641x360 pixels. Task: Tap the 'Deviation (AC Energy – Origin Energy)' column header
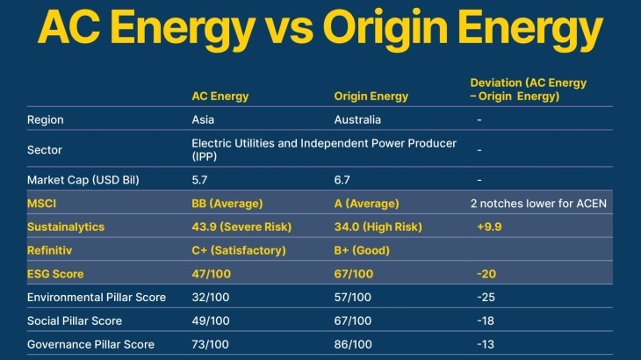click(x=528, y=90)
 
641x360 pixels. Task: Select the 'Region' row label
click(x=46, y=119)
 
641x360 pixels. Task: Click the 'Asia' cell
click(x=204, y=119)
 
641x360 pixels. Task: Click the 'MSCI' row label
click(x=42, y=204)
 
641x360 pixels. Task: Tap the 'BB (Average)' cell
click(x=227, y=204)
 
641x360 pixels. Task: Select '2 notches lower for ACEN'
click(x=538, y=204)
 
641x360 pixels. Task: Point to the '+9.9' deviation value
click(x=488, y=227)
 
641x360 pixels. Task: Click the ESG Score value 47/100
click(x=211, y=274)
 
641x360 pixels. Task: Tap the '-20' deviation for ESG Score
click(x=486, y=274)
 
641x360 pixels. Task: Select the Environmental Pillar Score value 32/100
click(x=211, y=297)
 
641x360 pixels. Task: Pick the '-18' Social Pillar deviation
click(x=485, y=320)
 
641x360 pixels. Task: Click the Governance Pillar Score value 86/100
click(x=353, y=344)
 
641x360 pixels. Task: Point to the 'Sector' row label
click(x=45, y=149)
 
